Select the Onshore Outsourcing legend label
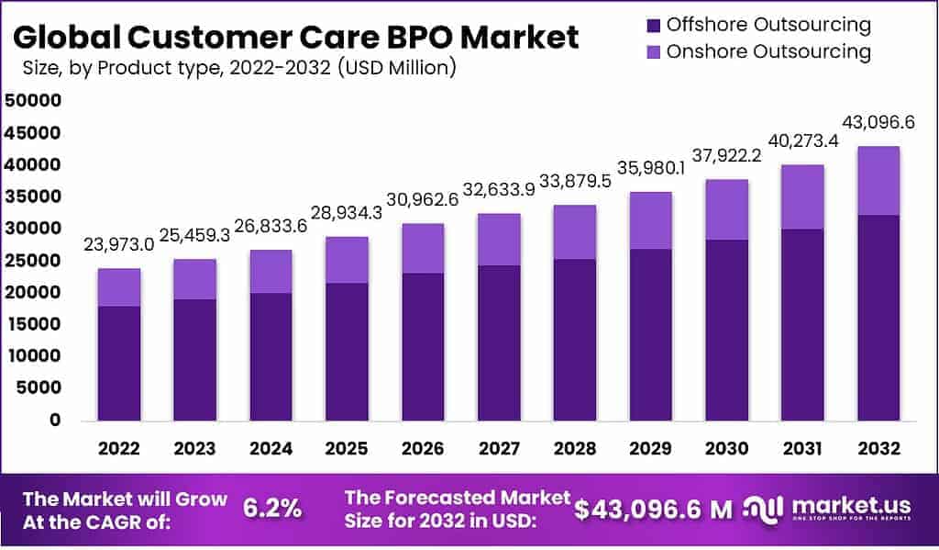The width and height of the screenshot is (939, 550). [768, 51]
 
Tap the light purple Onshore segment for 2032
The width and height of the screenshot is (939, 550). [878, 181]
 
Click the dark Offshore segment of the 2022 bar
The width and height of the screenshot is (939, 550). [119, 363]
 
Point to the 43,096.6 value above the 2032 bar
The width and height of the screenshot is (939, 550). [878, 123]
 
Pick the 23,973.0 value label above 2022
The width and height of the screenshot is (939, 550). [119, 245]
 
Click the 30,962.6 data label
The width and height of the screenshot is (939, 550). [423, 200]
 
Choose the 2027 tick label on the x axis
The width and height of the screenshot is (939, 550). [499, 449]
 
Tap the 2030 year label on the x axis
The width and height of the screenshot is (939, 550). [726, 449]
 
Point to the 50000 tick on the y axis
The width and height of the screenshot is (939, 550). [33, 101]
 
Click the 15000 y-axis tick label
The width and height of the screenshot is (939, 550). [33, 324]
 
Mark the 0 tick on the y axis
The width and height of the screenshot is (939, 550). [55, 420]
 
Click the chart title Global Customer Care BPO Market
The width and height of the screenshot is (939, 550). [296, 37]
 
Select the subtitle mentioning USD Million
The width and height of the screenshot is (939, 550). [239, 68]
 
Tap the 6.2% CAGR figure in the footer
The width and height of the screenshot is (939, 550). [272, 508]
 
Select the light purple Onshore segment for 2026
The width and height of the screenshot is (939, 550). [423, 248]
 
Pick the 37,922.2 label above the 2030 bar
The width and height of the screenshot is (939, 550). [726, 156]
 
